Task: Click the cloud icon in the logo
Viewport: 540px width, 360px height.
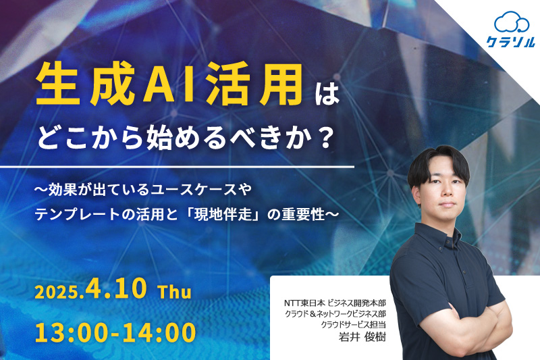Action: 512,22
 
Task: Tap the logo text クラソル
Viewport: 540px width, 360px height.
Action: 511,42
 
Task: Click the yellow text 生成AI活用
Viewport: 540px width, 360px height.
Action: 169,84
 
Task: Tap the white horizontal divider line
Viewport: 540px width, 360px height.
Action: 177,168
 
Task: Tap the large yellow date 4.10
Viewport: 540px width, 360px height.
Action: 116,288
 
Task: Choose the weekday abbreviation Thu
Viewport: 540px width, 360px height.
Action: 175,292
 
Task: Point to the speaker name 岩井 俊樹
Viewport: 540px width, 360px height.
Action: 362,337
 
